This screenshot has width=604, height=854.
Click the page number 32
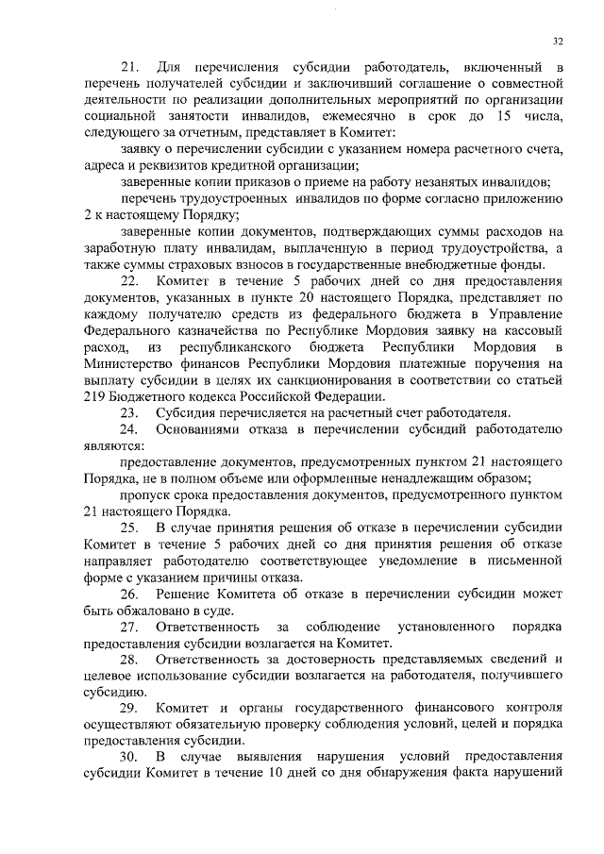coord(558,42)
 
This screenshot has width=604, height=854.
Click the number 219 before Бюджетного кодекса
coord(97,396)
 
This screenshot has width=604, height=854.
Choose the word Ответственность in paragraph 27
coord(208,628)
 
